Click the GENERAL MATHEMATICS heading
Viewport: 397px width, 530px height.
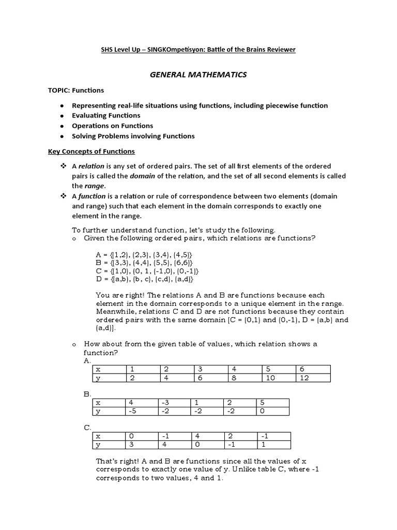[x=198, y=75]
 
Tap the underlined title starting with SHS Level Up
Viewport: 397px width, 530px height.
[x=198, y=49]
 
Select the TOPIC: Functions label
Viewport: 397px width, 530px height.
[x=76, y=90]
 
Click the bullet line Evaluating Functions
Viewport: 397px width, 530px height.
[x=106, y=115]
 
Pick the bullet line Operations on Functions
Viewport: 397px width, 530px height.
[x=112, y=126]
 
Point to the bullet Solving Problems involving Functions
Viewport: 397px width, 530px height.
[x=133, y=136]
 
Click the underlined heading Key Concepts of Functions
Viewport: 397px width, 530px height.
[x=91, y=151]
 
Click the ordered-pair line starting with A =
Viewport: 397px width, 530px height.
[x=144, y=255]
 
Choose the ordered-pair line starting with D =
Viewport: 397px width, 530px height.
[x=144, y=279]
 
